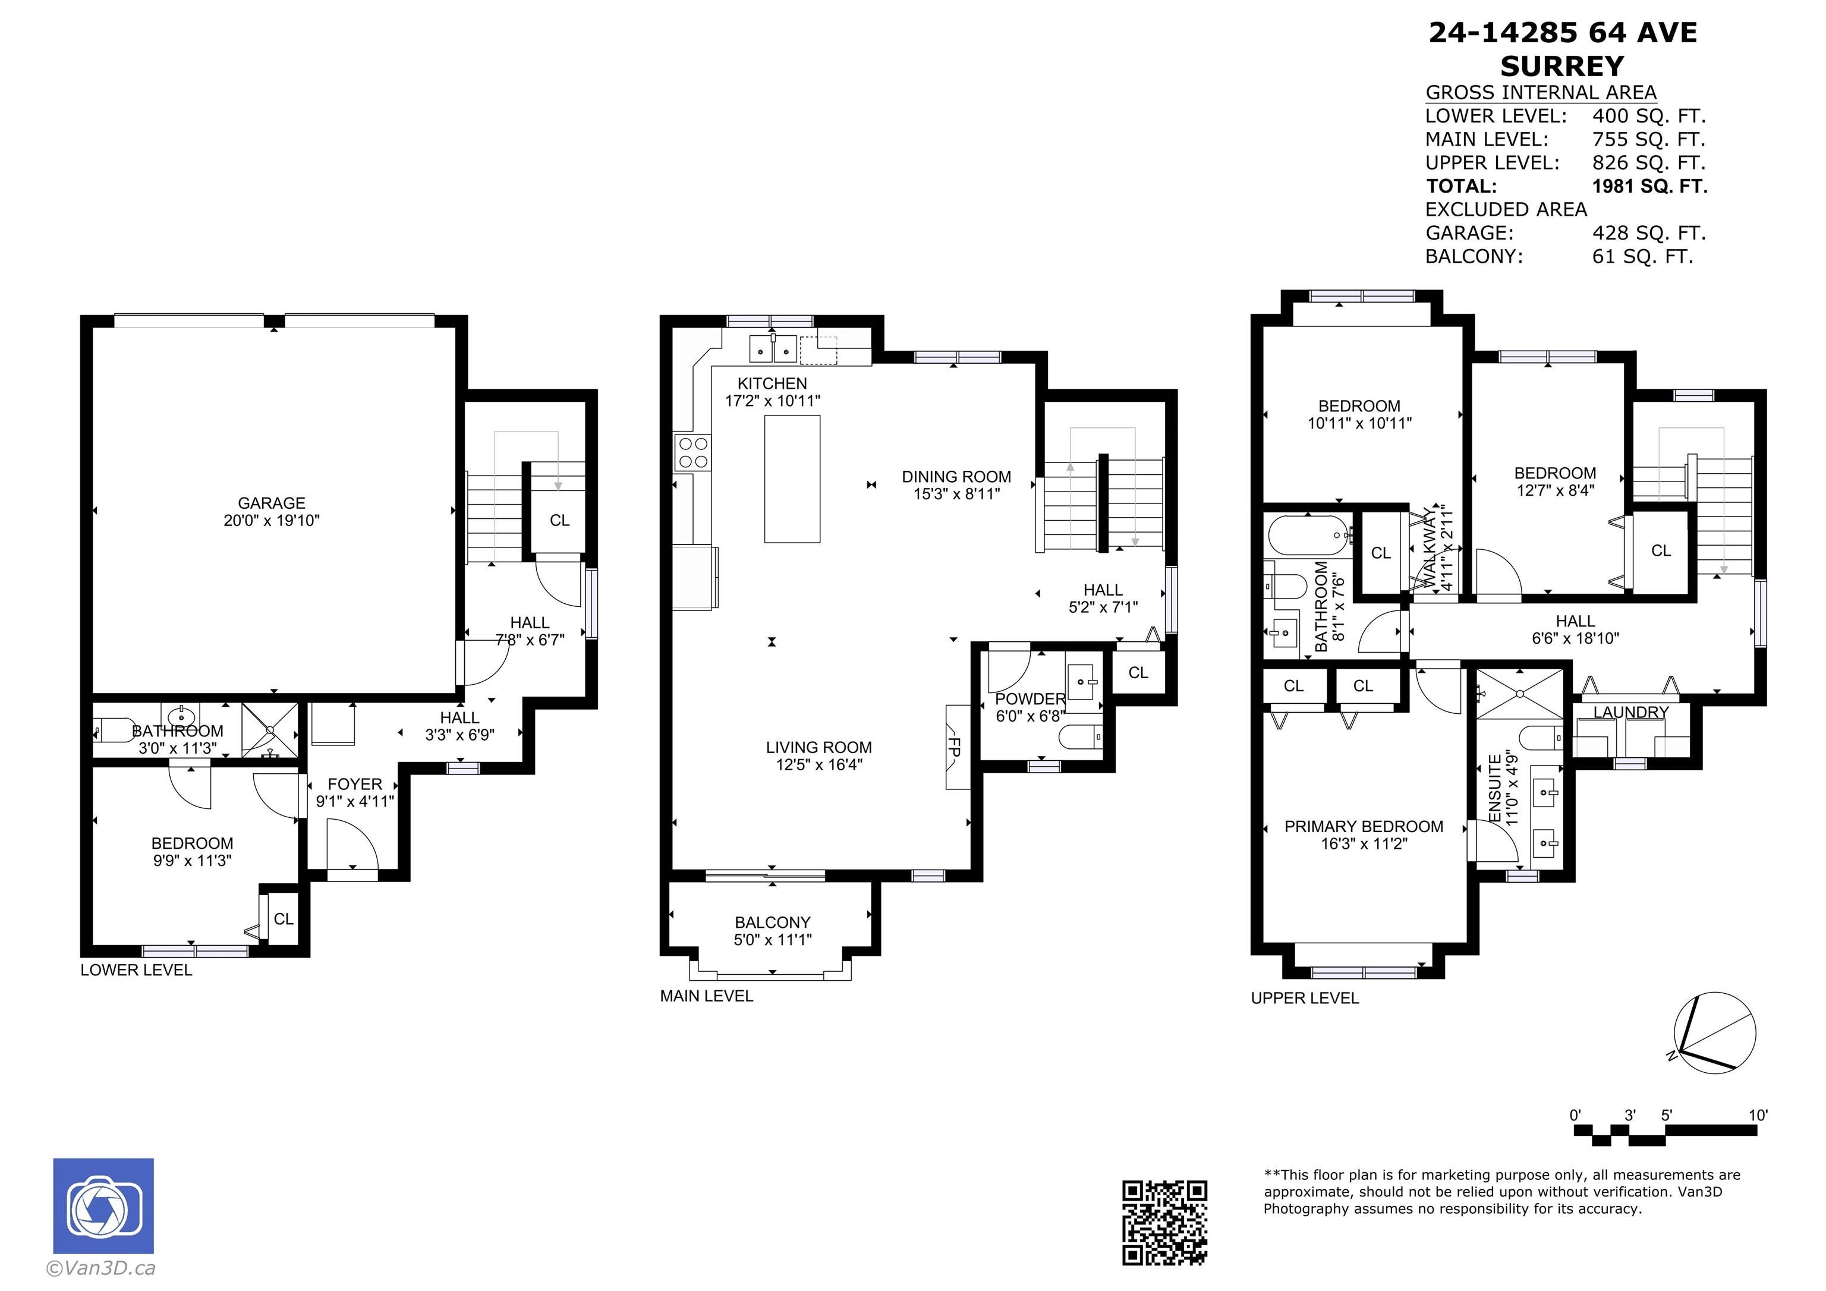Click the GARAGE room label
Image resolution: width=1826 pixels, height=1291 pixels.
coord(271,503)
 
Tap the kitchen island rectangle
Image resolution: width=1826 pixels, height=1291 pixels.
coord(792,479)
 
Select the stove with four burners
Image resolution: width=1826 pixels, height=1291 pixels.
coord(692,452)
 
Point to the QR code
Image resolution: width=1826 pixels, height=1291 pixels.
coord(1164,1223)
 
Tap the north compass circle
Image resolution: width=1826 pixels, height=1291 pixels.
coord(1715,1033)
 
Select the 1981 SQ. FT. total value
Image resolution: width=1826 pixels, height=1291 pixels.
coord(1649,186)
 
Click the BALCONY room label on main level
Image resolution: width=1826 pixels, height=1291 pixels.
coord(772,922)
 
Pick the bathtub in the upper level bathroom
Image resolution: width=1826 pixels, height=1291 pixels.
coord(1308,536)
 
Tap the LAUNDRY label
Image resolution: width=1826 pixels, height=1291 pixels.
coord(1630,712)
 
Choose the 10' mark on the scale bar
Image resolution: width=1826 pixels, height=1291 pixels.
coord(1758,1115)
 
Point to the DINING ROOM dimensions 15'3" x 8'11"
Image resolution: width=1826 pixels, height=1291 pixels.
coord(957,493)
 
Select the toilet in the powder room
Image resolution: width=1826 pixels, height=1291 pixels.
coord(1082,736)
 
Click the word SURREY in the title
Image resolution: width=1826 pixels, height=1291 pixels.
coord(1562,65)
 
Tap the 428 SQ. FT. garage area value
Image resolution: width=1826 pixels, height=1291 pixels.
coord(1649,233)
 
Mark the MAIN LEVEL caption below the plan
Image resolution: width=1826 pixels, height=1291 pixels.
coord(706,996)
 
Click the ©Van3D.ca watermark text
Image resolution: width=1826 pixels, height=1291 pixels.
coord(101,1268)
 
